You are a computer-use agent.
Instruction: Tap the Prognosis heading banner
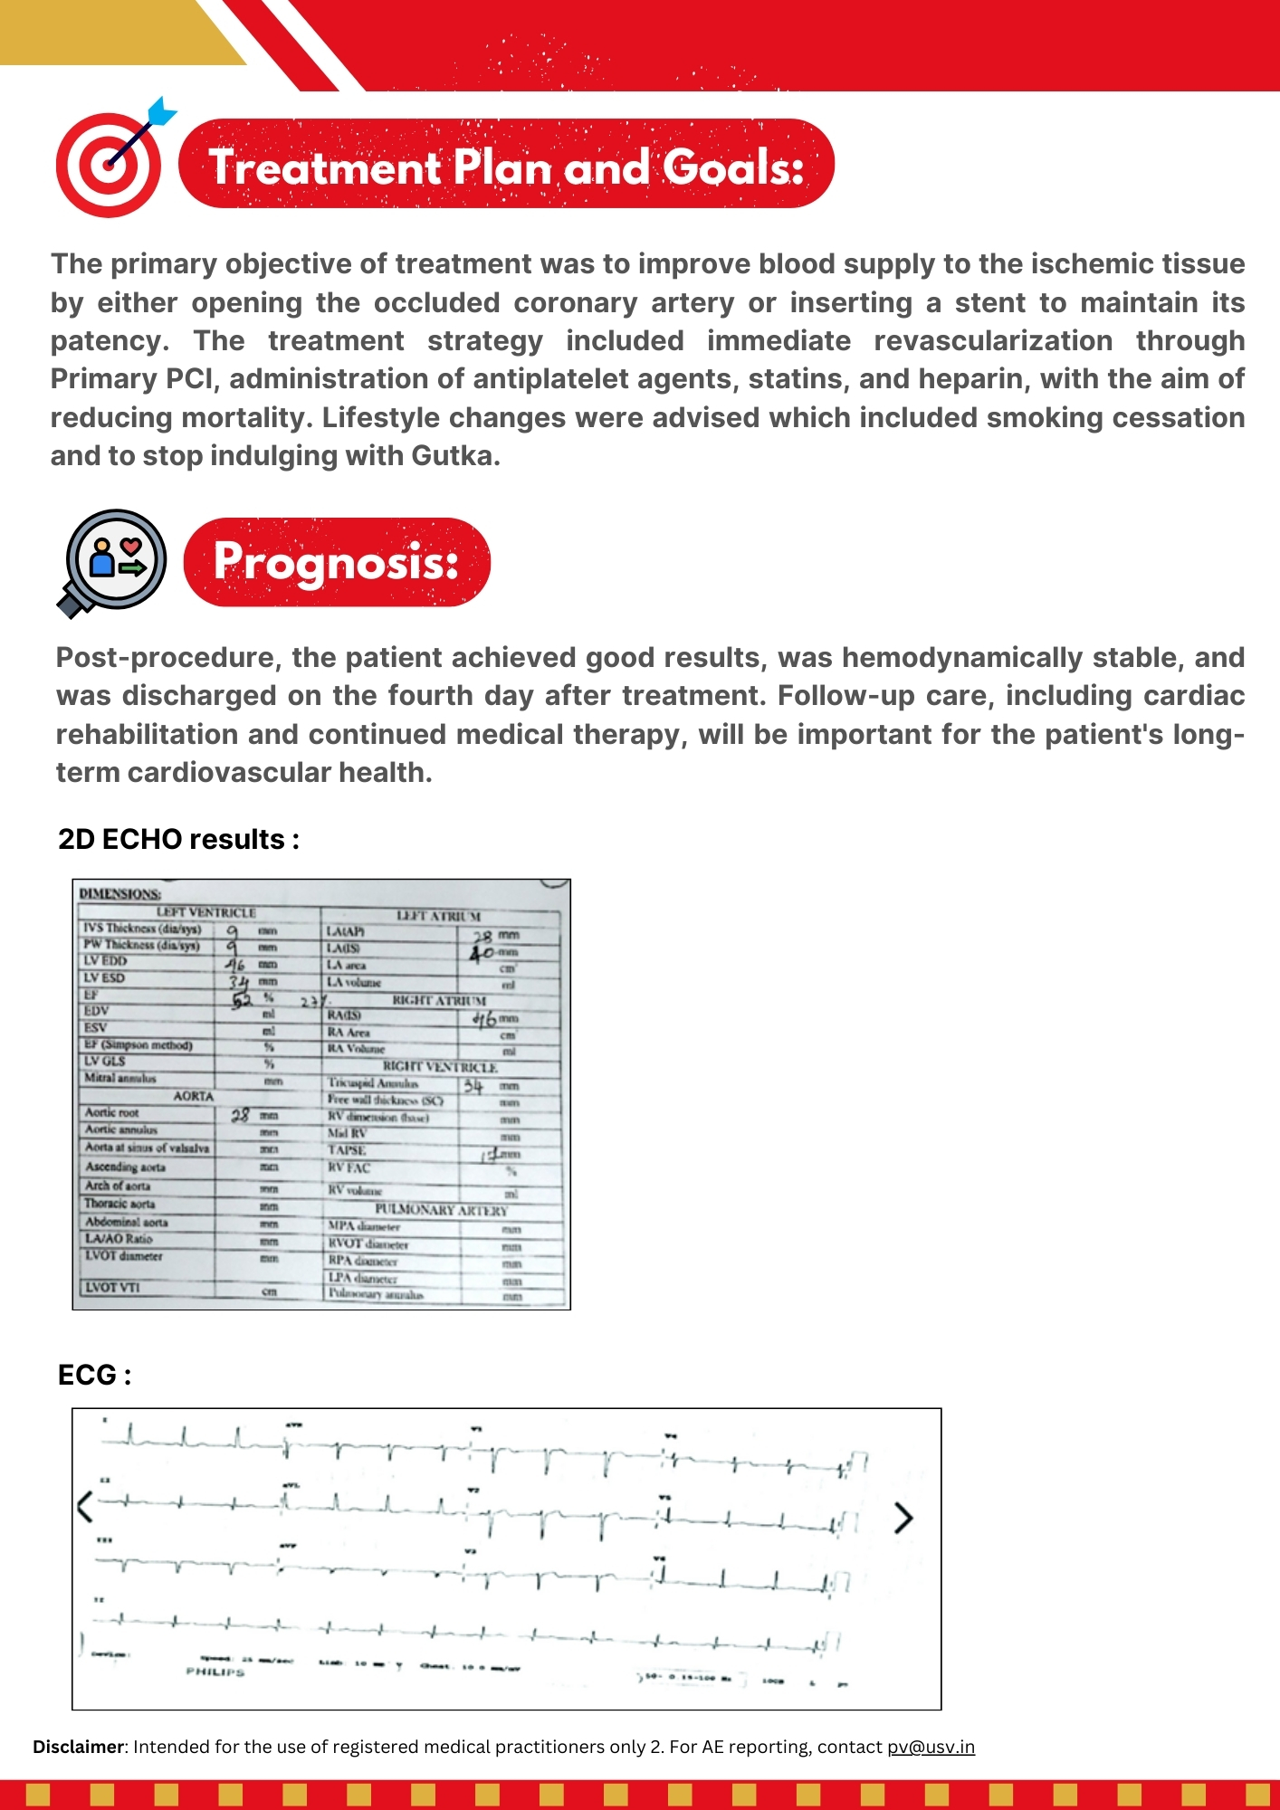(x=337, y=562)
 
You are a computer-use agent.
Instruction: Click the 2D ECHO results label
(x=178, y=839)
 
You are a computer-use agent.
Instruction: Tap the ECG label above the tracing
(x=94, y=1375)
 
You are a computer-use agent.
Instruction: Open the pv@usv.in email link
(x=931, y=1747)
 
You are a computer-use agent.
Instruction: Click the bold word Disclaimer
(x=77, y=1747)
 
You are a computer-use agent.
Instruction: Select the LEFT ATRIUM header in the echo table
(x=439, y=916)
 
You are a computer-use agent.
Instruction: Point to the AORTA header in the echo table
(x=194, y=1096)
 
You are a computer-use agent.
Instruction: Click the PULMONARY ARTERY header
(x=442, y=1210)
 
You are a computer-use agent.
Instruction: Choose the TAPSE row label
(x=347, y=1150)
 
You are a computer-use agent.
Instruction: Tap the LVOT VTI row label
(x=112, y=1287)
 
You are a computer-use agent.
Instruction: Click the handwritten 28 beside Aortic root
(x=240, y=1115)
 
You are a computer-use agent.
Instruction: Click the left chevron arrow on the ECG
(x=85, y=1506)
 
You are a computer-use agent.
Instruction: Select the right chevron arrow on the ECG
(x=903, y=1518)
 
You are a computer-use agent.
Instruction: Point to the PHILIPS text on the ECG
(x=215, y=1672)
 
